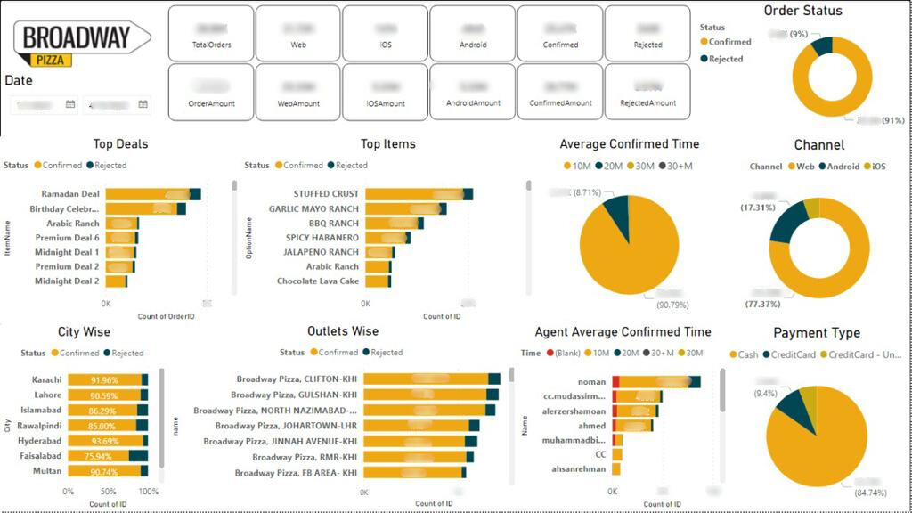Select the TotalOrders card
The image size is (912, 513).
click(x=211, y=34)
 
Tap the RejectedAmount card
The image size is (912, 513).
click(x=647, y=92)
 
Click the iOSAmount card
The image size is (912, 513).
click(x=386, y=92)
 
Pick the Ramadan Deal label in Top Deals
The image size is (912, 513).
click(x=70, y=194)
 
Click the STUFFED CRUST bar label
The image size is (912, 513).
click(x=326, y=194)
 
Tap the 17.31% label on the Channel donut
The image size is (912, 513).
click(x=756, y=207)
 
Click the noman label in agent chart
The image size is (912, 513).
click(x=592, y=382)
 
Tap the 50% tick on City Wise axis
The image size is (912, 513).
click(x=108, y=492)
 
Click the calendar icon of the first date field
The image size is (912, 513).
click(x=70, y=105)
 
